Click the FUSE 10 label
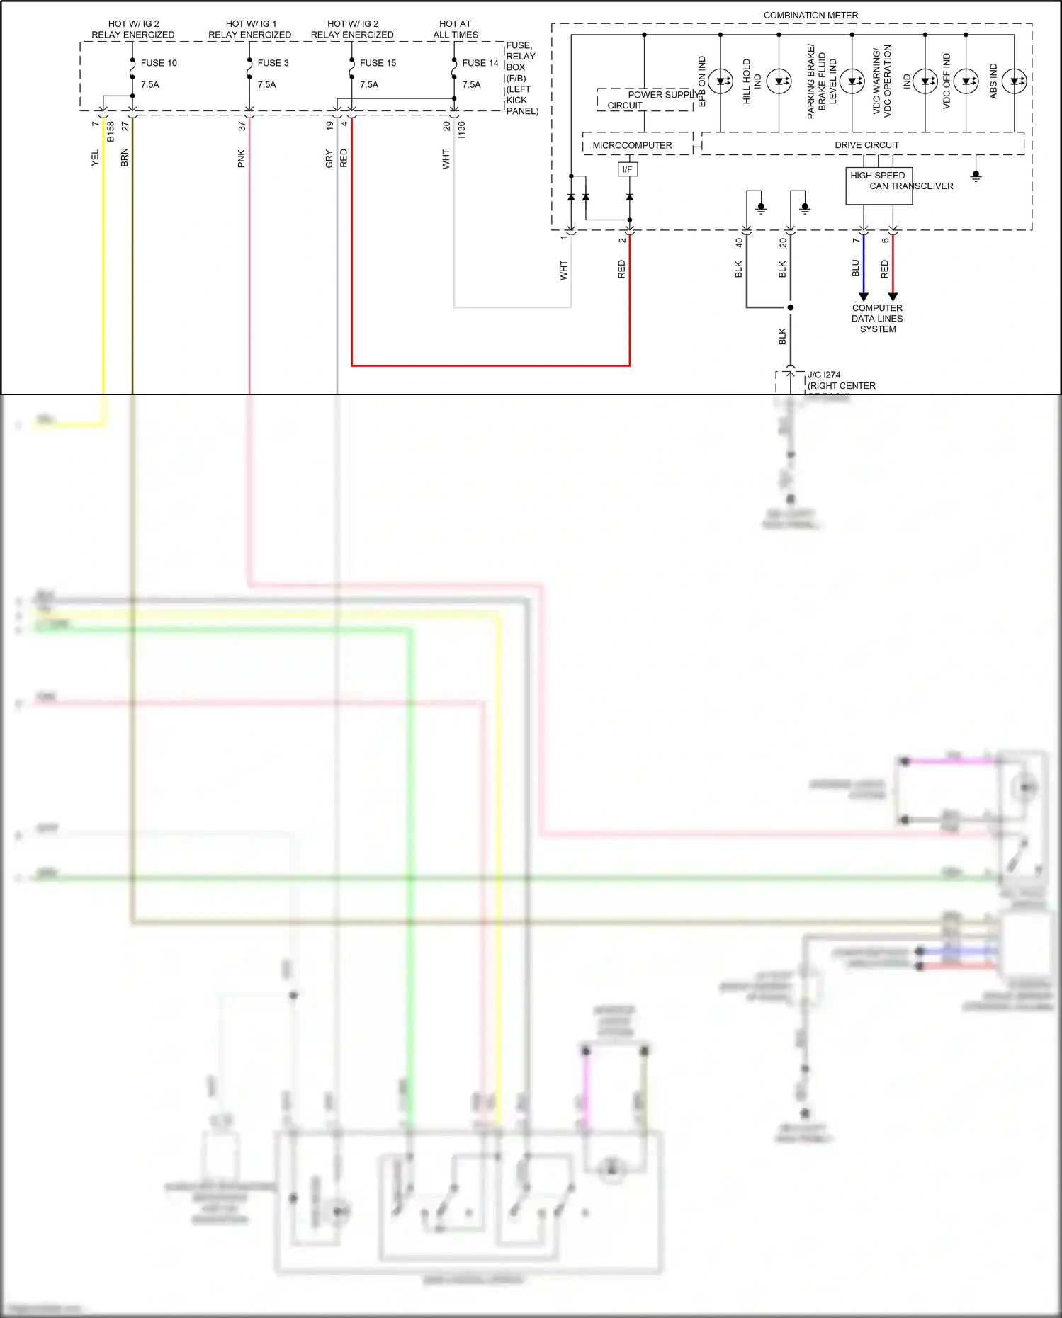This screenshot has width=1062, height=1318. [x=159, y=63]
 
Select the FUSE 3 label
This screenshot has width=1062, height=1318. [x=273, y=63]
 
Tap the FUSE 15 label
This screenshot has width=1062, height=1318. [x=378, y=63]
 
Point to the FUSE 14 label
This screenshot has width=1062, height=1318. [x=480, y=63]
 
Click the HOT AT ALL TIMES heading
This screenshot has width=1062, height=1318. [x=456, y=29]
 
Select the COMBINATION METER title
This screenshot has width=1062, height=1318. [x=810, y=15]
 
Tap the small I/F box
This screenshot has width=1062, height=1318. [x=627, y=169]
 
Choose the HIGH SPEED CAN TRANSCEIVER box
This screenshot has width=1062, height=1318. [x=879, y=186]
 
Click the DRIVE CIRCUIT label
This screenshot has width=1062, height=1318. [x=866, y=145]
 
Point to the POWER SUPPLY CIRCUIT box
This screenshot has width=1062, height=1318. [x=645, y=100]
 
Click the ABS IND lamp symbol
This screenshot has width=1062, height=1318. [x=1014, y=81]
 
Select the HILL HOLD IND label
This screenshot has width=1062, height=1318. [x=752, y=81]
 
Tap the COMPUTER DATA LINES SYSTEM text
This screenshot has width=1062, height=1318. [x=877, y=319]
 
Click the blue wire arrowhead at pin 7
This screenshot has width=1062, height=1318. [x=863, y=297]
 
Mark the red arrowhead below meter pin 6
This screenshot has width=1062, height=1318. [x=893, y=297]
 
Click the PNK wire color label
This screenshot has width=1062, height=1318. [x=241, y=159]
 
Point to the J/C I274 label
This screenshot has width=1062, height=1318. [x=824, y=375]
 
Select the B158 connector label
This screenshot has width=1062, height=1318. [x=111, y=132]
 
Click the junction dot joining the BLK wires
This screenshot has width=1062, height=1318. [x=790, y=307]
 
